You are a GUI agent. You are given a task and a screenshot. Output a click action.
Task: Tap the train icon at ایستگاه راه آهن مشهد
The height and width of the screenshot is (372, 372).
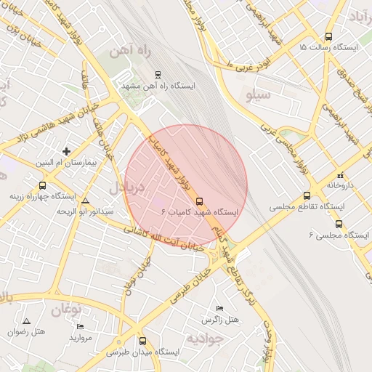(158, 74)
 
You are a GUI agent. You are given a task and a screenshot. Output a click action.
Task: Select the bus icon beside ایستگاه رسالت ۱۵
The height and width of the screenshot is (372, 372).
(328, 36)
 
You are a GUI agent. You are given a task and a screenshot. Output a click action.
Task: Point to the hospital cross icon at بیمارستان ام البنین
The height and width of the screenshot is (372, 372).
(66, 152)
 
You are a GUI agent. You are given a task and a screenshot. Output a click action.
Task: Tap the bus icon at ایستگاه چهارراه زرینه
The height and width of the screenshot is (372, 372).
(42, 185)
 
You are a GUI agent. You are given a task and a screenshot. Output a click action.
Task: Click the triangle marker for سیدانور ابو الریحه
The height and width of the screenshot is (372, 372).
(86, 201)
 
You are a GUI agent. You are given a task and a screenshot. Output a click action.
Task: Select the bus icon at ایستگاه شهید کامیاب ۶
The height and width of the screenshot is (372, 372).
(200, 203)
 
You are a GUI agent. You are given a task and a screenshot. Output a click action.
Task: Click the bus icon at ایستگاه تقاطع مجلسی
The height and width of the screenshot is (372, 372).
(307, 195)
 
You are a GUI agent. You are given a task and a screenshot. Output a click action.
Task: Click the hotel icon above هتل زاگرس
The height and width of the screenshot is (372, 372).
(220, 309)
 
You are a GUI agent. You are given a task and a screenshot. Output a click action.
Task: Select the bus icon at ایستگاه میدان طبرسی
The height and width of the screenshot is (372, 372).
(142, 340)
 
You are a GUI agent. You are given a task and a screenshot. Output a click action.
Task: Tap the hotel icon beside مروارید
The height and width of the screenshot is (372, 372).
(80, 327)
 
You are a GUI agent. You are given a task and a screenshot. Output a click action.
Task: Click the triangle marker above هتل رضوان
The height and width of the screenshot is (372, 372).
(27, 320)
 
